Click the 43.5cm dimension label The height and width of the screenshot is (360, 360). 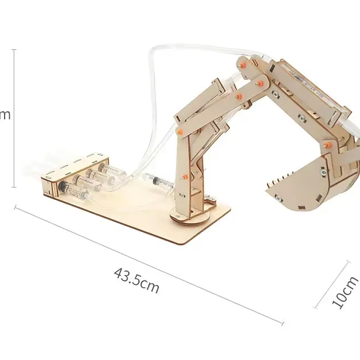tap(136, 280)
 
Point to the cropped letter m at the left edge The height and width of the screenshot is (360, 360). tap(5, 115)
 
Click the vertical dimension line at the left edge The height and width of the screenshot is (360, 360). tap(15, 118)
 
